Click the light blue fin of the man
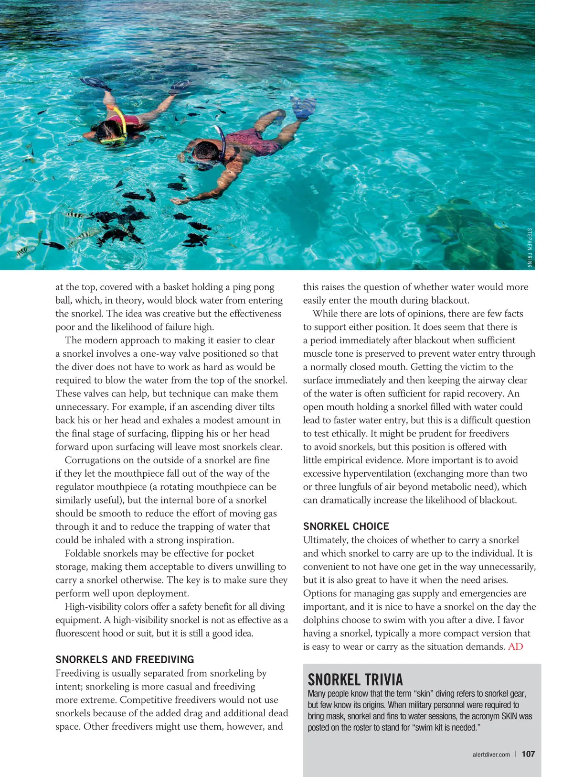303,107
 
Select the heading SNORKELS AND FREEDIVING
125,659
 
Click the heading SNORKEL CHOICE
346,526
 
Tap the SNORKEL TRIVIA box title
355,679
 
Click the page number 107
528,754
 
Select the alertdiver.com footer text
491,755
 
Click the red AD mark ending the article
516,646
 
